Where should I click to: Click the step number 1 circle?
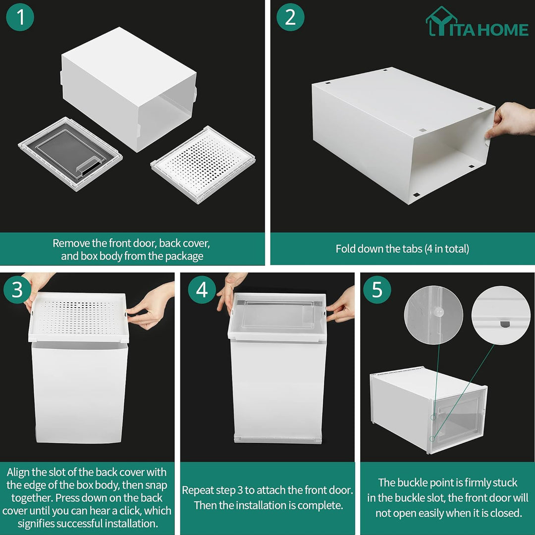[20, 17]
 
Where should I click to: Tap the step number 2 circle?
[290, 17]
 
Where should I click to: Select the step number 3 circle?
[17, 290]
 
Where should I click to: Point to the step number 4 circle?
[202, 290]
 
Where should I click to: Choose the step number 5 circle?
[377, 290]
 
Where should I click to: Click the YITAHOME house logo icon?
[440, 22]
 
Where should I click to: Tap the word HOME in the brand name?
[503, 30]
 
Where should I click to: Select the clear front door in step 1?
[70, 153]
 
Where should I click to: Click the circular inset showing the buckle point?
[433, 316]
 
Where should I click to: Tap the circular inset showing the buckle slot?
[501, 316]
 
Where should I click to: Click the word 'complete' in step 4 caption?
[317, 505]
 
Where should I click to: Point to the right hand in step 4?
[342, 305]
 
